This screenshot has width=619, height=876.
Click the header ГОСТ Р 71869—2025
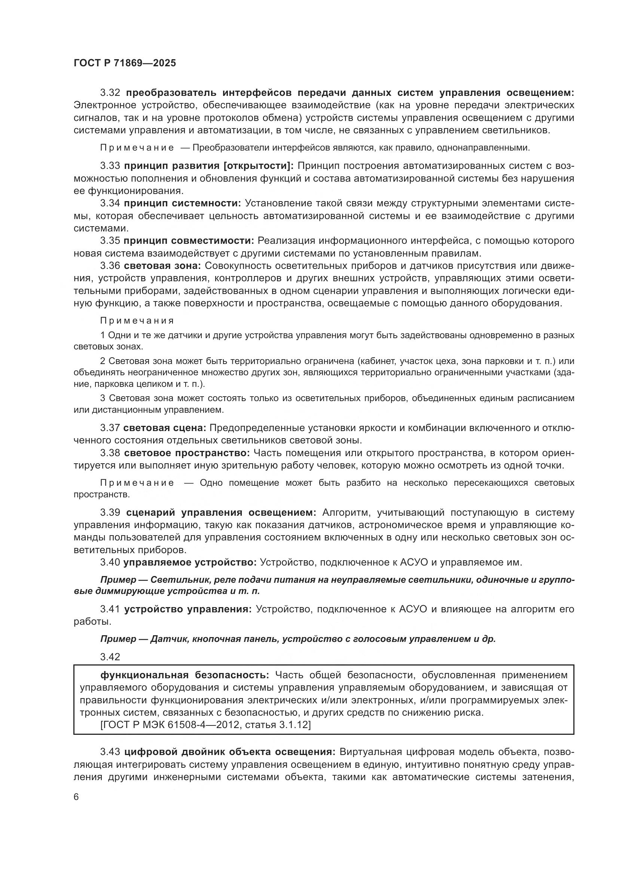pyautogui.click(x=125, y=63)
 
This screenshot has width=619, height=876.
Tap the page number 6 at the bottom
pyautogui.click(x=76, y=797)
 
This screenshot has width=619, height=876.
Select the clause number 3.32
pyautogui.click(x=110, y=93)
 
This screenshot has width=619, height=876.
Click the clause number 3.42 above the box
pyautogui.click(x=110, y=657)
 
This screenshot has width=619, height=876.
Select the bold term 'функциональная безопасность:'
pyautogui.click(x=185, y=675)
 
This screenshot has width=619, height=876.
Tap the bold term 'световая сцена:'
pyautogui.click(x=165, y=428)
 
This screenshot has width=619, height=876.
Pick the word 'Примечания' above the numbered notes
pyautogui.click(x=137, y=321)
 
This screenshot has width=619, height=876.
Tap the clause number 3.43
pyautogui.click(x=110, y=752)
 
